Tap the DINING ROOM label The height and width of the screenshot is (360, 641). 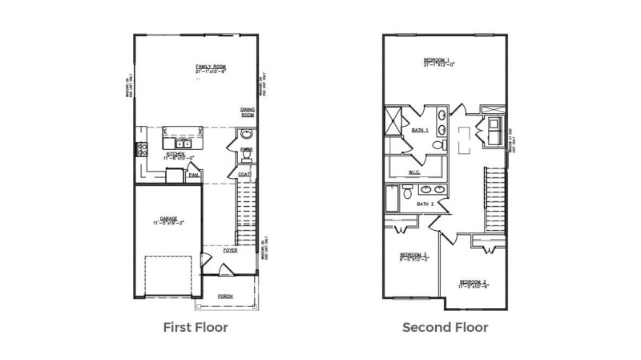pyautogui.click(x=248, y=112)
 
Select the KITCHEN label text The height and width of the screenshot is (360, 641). pyautogui.click(x=176, y=153)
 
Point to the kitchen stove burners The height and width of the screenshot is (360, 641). pyautogui.click(x=142, y=148)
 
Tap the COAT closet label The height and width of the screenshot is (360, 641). pyautogui.click(x=244, y=174)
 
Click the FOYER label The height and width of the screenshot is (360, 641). pyautogui.click(x=231, y=249)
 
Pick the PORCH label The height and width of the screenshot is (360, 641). pyautogui.click(x=225, y=296)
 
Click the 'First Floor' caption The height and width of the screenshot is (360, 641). pyautogui.click(x=196, y=327)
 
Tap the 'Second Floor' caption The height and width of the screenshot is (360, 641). pyautogui.click(x=445, y=327)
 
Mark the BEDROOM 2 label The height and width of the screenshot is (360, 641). pyautogui.click(x=474, y=281)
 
